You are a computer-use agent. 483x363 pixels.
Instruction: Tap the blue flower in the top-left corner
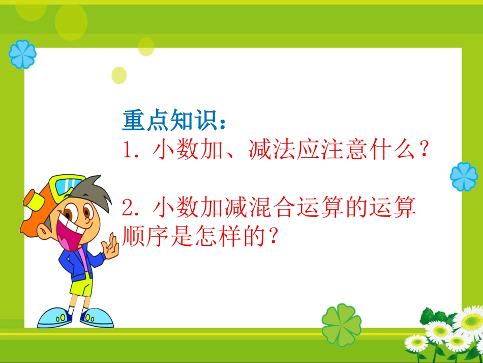(23, 54)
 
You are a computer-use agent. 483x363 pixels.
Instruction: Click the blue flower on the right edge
(464, 177)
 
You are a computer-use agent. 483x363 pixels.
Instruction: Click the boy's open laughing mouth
(69, 234)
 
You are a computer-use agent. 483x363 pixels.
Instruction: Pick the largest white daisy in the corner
(468, 321)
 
